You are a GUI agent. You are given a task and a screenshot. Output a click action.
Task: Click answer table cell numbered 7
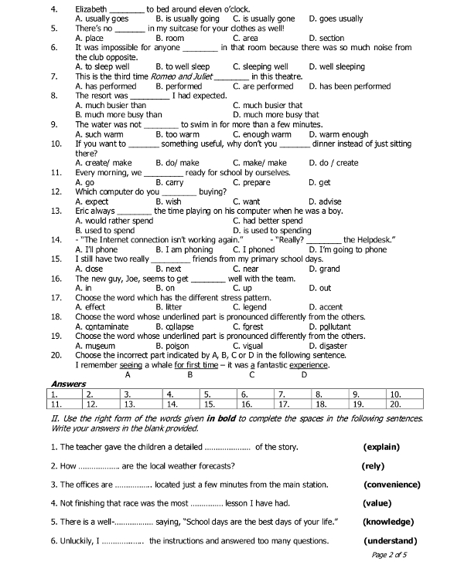click(294, 394)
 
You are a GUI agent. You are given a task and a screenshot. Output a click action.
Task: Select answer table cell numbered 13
click(141, 403)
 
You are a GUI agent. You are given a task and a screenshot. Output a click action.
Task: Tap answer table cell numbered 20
click(406, 403)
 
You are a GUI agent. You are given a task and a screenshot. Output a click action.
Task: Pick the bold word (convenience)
click(392, 485)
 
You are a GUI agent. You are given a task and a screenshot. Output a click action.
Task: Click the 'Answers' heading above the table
click(68, 384)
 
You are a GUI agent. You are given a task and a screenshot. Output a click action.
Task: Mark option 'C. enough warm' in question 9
click(262, 134)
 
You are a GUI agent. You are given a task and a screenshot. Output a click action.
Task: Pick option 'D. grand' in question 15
click(323, 269)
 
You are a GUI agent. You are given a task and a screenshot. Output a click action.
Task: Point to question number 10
click(56, 144)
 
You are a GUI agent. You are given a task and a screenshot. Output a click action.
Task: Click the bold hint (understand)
click(391, 540)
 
